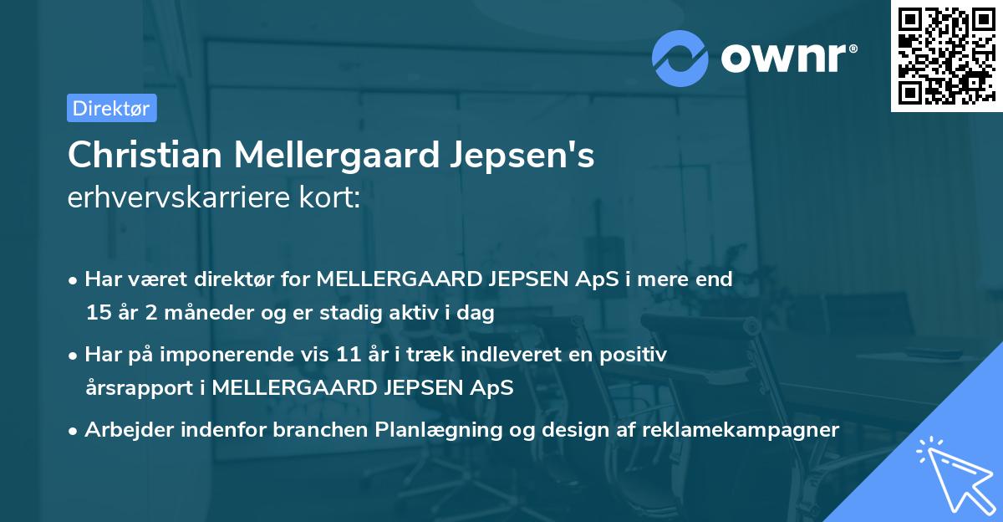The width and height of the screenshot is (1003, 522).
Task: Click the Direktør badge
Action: click(111, 108)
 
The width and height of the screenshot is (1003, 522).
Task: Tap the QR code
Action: click(944, 55)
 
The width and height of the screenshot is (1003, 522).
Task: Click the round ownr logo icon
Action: click(680, 57)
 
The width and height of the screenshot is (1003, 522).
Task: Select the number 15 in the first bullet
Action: click(98, 313)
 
